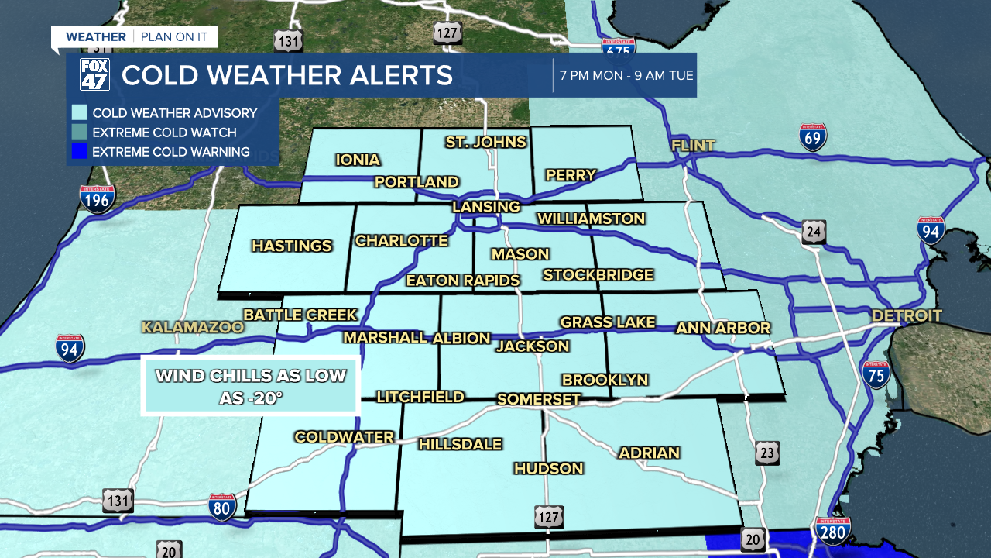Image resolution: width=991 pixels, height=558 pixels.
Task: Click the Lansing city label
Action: (x=486, y=207)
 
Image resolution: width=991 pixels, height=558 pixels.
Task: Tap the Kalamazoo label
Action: (x=192, y=327)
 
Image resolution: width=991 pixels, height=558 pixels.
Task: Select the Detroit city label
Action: (x=907, y=315)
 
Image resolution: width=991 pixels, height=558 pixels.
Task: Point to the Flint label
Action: (x=693, y=146)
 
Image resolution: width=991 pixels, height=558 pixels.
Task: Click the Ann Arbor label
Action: (x=723, y=328)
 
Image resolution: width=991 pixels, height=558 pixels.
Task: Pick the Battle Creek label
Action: (x=300, y=315)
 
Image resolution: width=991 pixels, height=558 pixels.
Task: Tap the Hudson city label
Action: (x=548, y=468)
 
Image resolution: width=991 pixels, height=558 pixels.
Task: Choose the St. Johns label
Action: (x=485, y=142)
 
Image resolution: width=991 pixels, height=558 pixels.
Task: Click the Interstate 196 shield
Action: (x=97, y=199)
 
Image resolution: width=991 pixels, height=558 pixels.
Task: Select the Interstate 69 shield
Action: (x=813, y=137)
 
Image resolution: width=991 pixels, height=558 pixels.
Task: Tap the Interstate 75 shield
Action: (x=876, y=375)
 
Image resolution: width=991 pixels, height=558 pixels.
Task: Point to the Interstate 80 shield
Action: (x=222, y=508)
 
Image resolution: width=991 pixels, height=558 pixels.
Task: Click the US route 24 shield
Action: (x=814, y=232)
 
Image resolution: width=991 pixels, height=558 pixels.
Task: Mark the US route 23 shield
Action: (x=767, y=453)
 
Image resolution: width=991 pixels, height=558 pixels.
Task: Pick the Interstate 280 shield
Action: (x=832, y=532)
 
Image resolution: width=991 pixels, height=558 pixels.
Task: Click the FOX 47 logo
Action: (x=95, y=75)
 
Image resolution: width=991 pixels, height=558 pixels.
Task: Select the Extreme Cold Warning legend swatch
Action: (x=79, y=152)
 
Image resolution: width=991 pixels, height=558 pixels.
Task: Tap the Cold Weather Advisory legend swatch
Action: (x=79, y=113)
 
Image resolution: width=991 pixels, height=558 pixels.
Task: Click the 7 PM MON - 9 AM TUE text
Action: (x=626, y=76)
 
